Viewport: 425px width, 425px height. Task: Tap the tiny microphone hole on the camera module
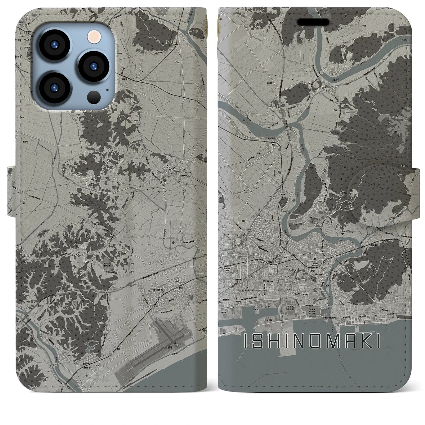[x=107, y=89]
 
